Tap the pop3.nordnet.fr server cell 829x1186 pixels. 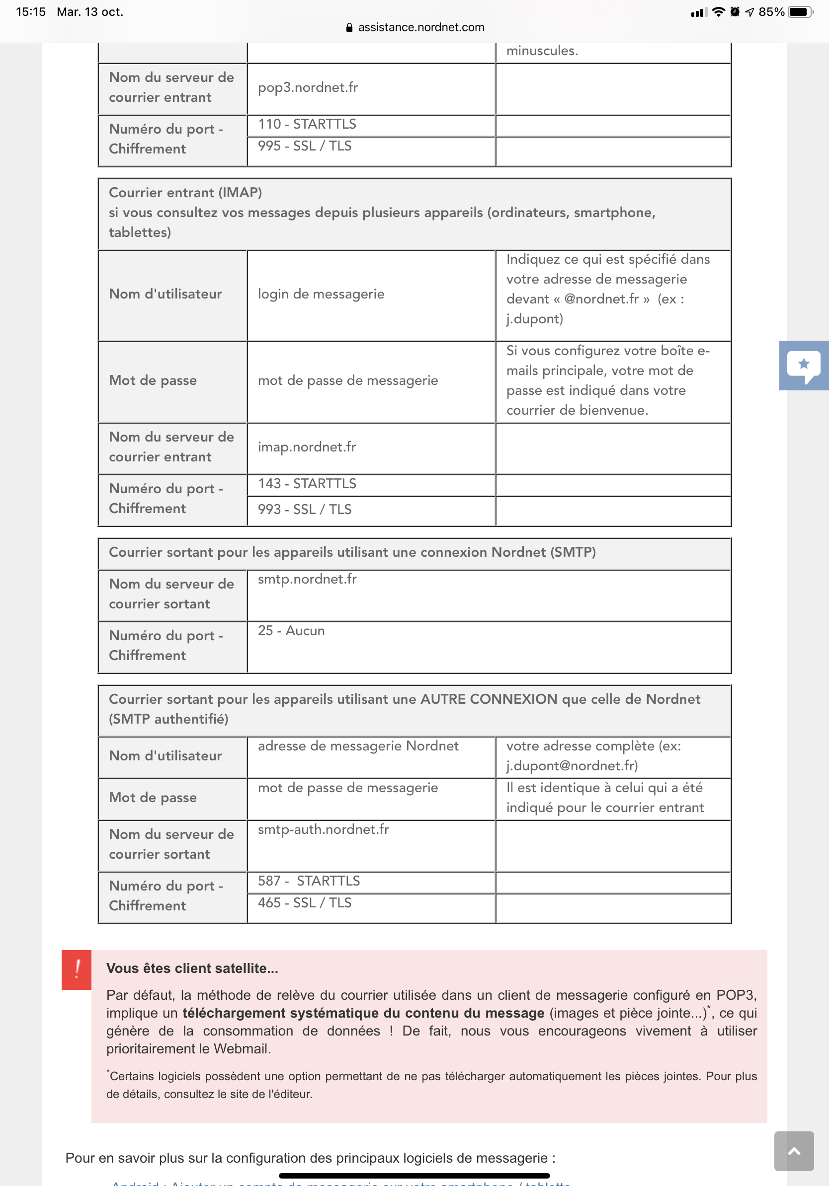308,88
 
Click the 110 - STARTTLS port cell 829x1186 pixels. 307,125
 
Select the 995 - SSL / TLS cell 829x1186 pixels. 305,146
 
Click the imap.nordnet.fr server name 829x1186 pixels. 307,447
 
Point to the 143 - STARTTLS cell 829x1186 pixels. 307,484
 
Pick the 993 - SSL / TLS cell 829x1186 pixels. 305,510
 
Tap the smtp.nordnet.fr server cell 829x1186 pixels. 307,580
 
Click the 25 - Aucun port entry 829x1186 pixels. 291,631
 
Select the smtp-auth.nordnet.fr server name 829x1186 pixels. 323,829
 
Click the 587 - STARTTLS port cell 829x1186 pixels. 309,881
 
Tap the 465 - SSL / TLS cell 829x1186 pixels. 305,903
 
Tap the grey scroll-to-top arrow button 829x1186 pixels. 793,1151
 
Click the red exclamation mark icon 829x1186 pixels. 77,969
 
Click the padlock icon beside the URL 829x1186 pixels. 349,27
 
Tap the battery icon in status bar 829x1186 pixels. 799,12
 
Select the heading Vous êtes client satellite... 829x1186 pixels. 192,968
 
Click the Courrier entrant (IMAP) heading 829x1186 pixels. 185,193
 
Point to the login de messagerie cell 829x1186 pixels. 321,295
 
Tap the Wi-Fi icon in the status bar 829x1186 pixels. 718,12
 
